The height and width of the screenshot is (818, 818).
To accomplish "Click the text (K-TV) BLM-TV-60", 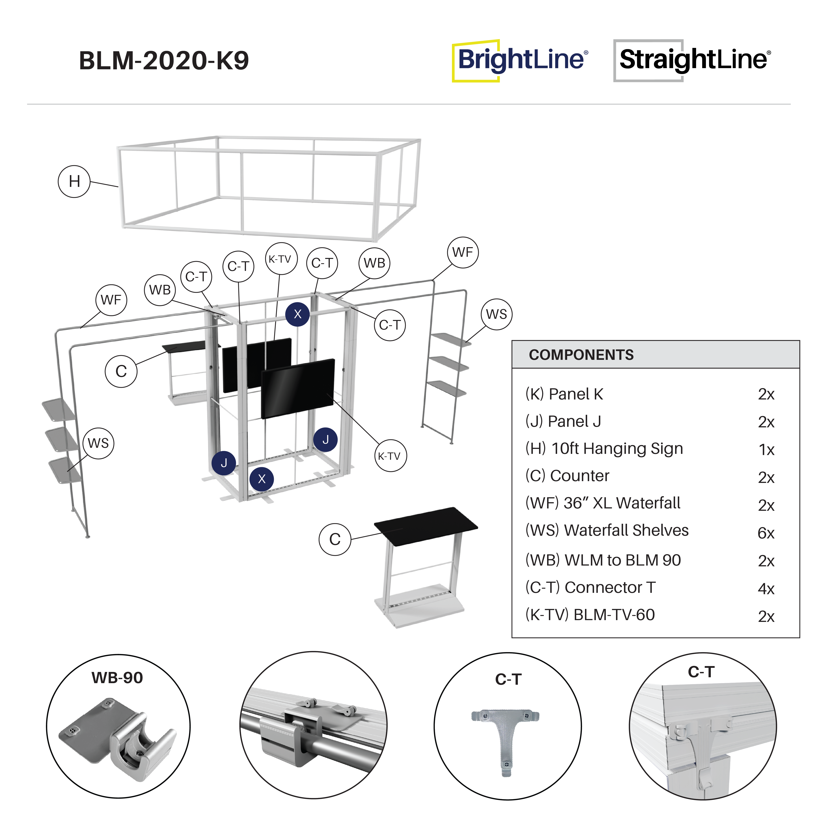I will point(590,615).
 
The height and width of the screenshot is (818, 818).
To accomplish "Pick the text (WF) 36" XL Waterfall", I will point(602,503).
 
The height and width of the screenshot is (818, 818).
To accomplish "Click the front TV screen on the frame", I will point(298,388).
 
